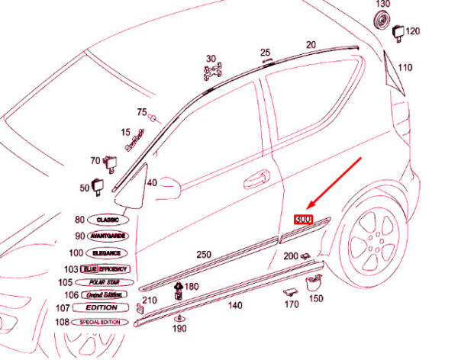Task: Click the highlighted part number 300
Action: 304,218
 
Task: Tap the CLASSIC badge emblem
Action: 108,220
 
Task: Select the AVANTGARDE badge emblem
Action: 108,236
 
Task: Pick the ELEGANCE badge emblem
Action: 108,252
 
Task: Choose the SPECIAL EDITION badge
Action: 107,323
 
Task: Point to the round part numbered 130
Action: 382,21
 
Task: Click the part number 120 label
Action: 413,31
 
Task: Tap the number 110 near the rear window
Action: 405,68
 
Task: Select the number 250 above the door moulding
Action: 204,254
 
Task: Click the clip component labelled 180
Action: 178,289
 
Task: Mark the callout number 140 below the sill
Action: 235,305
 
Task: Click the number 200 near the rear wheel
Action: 291,256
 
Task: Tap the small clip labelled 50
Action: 99,185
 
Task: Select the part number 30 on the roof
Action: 211,58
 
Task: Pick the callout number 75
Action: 141,113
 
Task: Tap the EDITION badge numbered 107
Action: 102,308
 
